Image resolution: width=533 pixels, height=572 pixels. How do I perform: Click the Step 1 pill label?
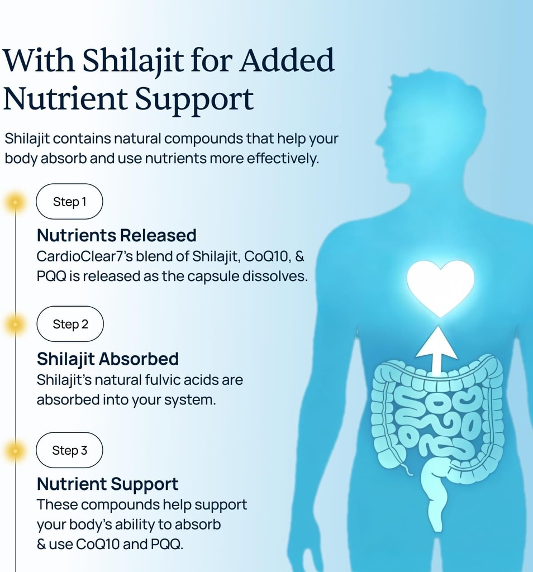click(69, 201)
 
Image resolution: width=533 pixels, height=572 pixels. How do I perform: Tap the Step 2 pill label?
click(70, 324)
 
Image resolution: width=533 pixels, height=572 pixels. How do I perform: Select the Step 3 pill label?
click(69, 450)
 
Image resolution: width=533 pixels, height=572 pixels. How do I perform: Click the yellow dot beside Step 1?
click(15, 202)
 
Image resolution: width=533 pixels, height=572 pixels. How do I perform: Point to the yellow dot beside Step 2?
click(15, 324)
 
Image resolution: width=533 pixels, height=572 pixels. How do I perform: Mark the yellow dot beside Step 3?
click(15, 451)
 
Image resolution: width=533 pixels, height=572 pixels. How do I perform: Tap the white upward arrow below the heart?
click(436, 350)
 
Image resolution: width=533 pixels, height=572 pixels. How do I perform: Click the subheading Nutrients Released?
click(117, 235)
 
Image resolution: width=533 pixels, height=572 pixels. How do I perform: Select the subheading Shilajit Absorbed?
click(108, 359)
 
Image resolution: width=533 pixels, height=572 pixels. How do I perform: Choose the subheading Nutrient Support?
click(108, 484)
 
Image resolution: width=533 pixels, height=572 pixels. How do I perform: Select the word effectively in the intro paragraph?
click(282, 159)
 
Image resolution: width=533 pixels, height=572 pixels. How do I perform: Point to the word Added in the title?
click(287, 59)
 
